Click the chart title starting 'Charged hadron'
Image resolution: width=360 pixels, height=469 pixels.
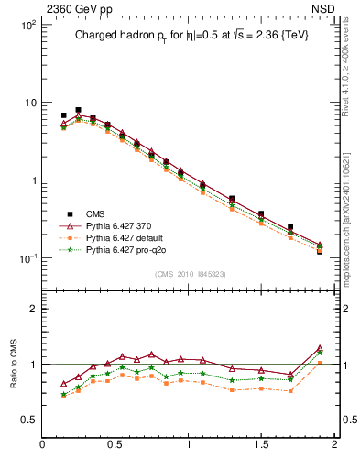coord(190,37)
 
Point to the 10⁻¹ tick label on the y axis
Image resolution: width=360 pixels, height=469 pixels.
coord(27,258)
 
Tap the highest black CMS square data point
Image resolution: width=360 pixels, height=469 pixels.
coord(78,111)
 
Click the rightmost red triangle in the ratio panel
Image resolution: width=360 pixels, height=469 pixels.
coord(320,349)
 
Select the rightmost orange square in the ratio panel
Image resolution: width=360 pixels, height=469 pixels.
coord(320,363)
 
